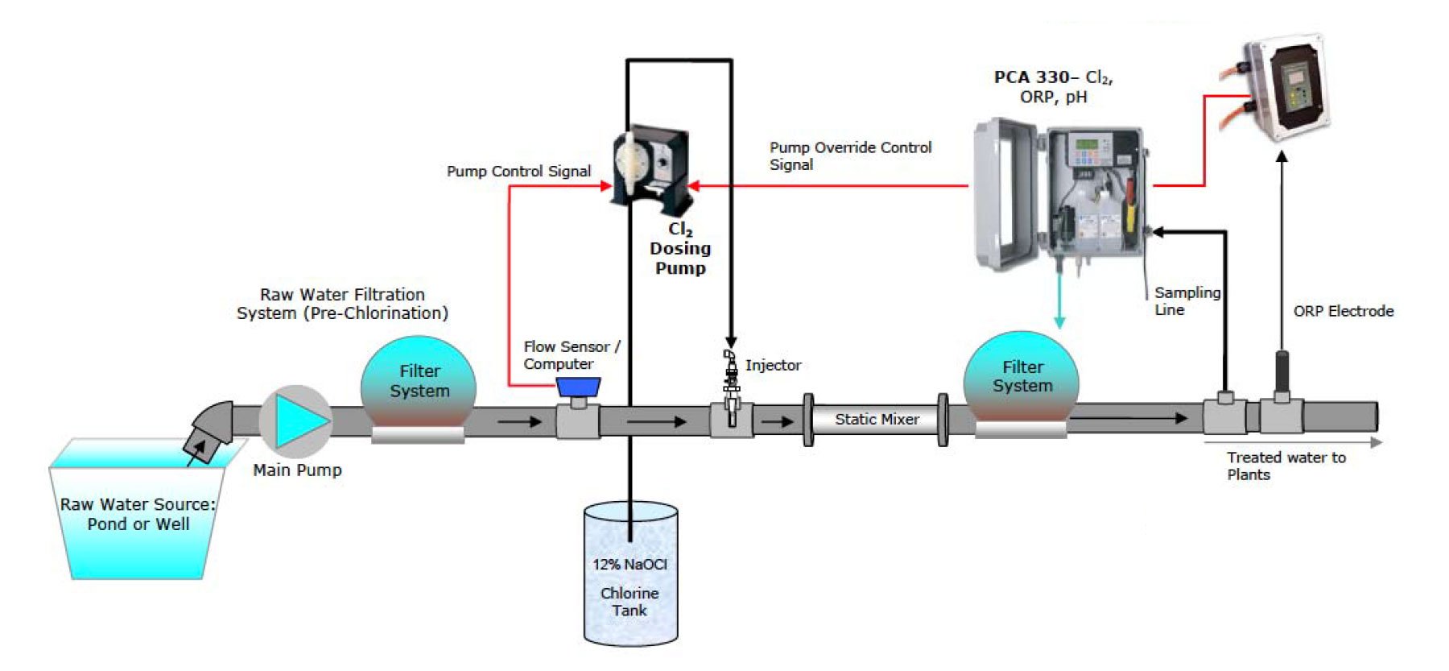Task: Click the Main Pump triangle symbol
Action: (x=297, y=420)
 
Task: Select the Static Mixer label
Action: (x=876, y=419)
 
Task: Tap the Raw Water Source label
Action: (x=138, y=514)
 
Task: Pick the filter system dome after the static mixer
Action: (x=1022, y=379)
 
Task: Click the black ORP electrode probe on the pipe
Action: (x=1282, y=372)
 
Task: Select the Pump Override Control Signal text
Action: (x=849, y=156)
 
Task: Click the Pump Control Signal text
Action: (x=518, y=172)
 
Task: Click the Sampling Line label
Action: (x=1186, y=301)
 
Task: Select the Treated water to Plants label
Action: (x=1285, y=466)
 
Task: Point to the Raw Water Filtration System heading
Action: (x=342, y=304)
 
